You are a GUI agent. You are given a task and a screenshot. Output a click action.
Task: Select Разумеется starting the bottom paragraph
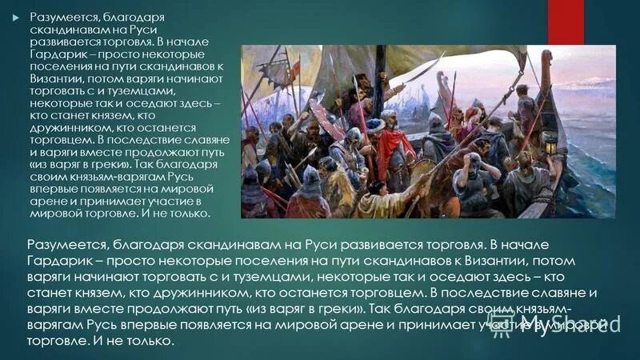pos(64,243)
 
